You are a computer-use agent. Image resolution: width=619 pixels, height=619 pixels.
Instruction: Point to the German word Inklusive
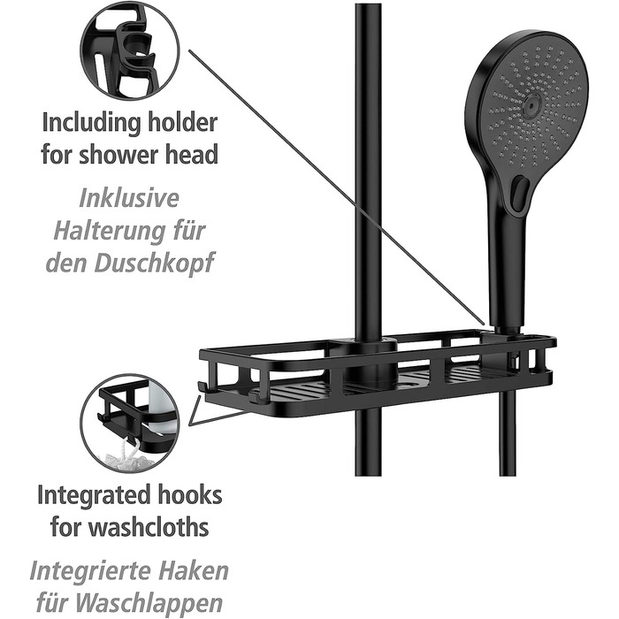click(x=129, y=198)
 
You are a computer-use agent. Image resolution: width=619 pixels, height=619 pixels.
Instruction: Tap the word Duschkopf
click(x=155, y=264)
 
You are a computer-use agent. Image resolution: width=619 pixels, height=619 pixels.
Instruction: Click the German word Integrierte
click(x=93, y=571)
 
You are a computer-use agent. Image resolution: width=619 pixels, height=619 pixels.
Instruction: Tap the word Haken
click(x=195, y=571)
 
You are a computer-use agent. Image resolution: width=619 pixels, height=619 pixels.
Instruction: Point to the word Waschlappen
click(x=149, y=604)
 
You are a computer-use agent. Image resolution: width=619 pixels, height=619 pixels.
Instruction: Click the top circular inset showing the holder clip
click(x=130, y=50)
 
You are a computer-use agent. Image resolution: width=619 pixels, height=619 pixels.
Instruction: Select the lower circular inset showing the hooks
click(x=129, y=424)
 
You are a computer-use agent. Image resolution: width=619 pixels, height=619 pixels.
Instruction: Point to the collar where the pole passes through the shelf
click(x=369, y=361)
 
